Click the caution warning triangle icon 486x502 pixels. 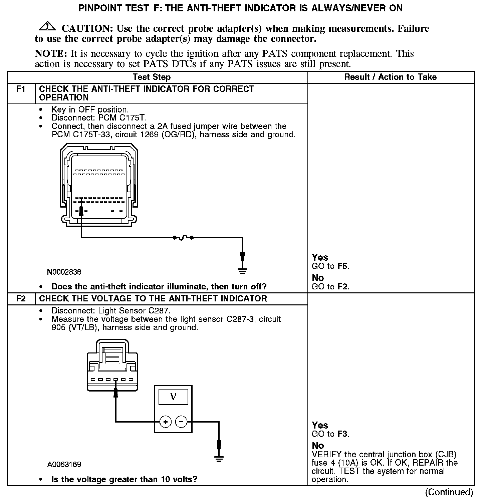point(47,26)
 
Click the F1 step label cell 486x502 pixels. point(21,89)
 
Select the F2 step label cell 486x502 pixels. point(21,298)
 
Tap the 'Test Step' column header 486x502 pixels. point(152,77)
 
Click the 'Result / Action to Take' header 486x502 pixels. point(390,77)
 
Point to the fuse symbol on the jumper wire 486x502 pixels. point(183,238)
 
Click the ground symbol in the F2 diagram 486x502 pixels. point(219,459)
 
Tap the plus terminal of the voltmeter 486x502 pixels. point(165,422)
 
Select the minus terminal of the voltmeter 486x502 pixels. point(181,422)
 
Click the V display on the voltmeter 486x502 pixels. point(173,397)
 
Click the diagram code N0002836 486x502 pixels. point(64,272)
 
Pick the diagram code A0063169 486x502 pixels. point(64,464)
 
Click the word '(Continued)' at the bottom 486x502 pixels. point(449,492)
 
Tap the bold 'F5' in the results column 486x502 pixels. point(343,266)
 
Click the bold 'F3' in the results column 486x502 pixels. point(343,434)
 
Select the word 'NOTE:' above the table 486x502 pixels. point(51,54)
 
